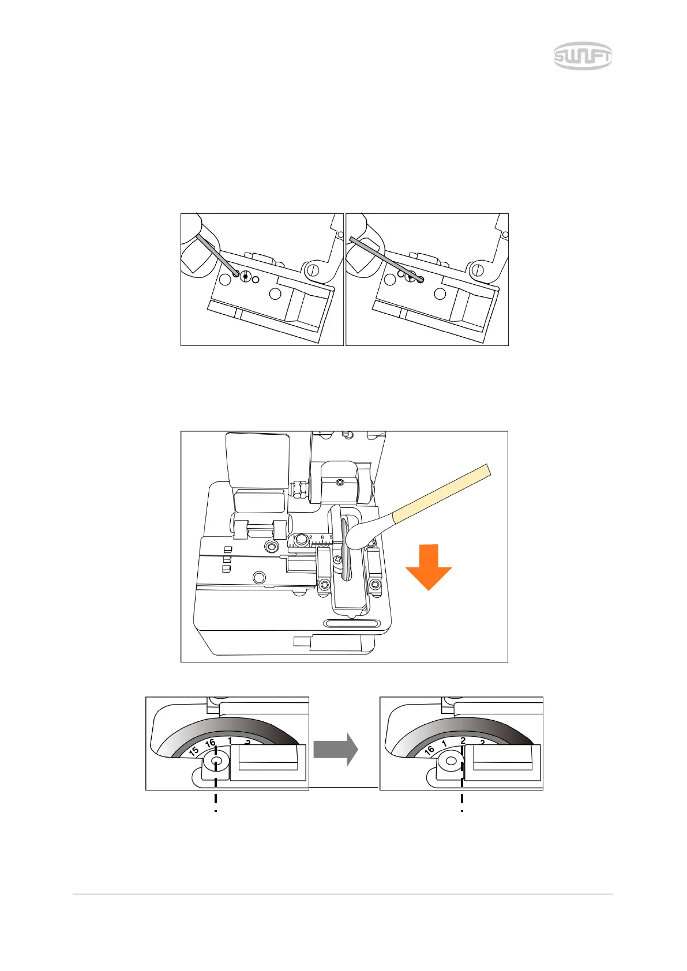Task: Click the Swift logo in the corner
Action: [x=583, y=57]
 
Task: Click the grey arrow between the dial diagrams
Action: [x=336, y=749]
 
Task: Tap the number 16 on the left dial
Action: [x=211, y=743]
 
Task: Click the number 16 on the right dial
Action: [x=429, y=750]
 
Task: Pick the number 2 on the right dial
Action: [x=463, y=741]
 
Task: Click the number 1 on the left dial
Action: [x=230, y=740]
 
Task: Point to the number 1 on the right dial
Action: [x=444, y=744]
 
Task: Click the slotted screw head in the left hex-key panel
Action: [x=246, y=277]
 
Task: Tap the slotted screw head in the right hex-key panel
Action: [x=411, y=277]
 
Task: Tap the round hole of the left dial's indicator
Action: [x=216, y=763]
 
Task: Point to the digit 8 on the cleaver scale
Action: [x=322, y=537]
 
